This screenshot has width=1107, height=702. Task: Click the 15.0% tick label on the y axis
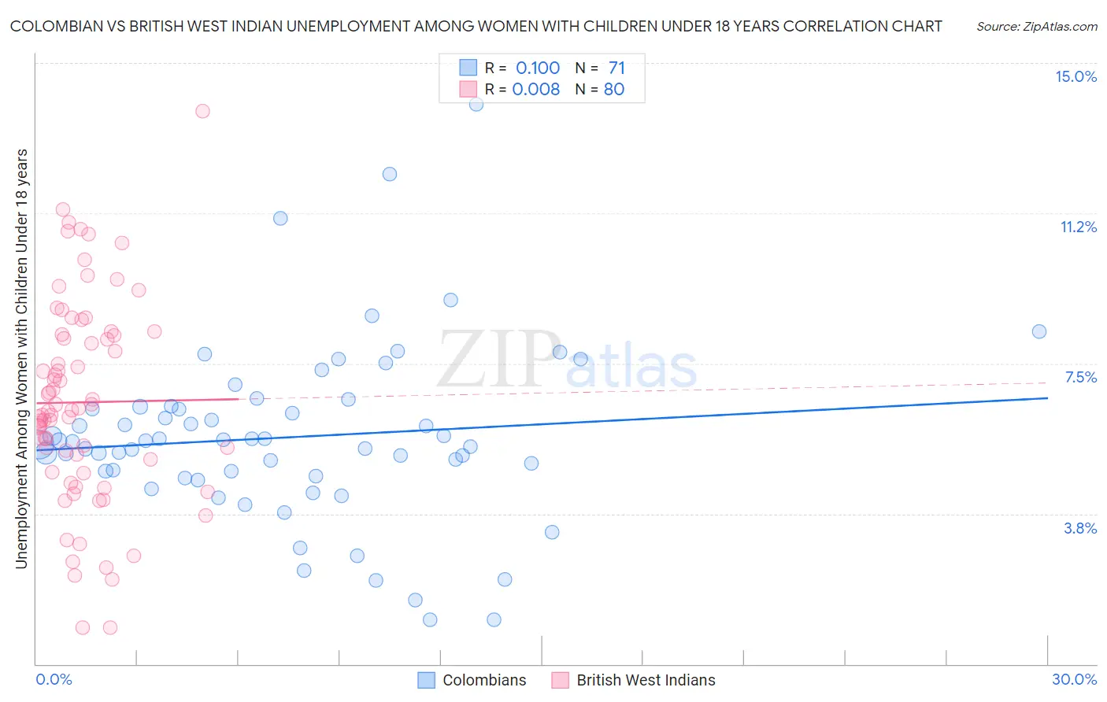[1076, 76]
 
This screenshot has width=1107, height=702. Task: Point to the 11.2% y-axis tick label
[1078, 227]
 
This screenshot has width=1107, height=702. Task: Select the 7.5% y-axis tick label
[1080, 377]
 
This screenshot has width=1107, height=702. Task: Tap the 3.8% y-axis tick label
[1080, 528]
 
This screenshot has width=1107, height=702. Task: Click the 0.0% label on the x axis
[54, 679]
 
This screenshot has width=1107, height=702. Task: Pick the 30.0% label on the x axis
[1074, 679]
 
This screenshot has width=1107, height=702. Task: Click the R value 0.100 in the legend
[537, 68]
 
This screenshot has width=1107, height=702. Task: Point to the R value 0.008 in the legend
[535, 89]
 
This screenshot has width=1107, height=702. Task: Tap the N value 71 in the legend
[616, 68]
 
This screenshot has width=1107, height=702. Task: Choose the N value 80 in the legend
[614, 89]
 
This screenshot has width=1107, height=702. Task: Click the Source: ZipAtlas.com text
[1036, 26]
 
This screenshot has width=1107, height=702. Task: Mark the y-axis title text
[21, 358]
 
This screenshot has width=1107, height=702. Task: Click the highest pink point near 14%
[202, 111]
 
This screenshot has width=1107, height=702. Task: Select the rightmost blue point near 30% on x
[1039, 331]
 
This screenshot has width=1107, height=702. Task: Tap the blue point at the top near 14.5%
[476, 104]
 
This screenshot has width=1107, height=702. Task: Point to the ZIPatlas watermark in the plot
[567, 360]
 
